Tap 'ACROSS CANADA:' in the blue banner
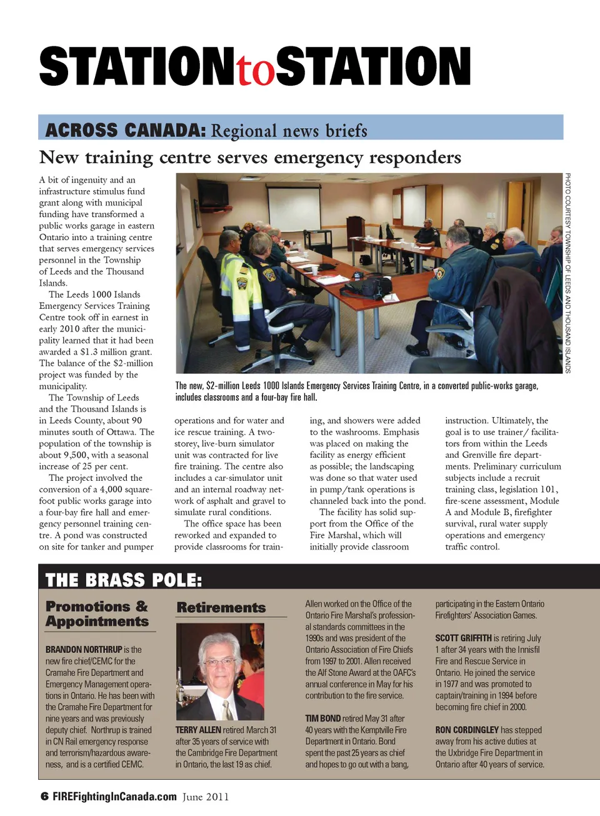[x=125, y=130]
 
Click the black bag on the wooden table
[x=374, y=286]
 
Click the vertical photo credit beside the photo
[x=567, y=273]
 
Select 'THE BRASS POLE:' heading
[x=124, y=580]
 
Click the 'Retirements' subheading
[x=221, y=607]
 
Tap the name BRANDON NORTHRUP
[x=84, y=650]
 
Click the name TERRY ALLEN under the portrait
[x=198, y=730]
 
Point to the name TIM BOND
[x=322, y=718]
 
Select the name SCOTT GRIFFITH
[x=463, y=638]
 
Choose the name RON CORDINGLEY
[x=467, y=730]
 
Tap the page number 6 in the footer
[x=44, y=797]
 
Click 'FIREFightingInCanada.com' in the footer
[x=115, y=797]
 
